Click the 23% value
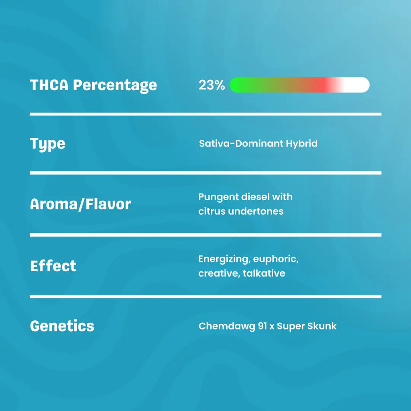point(212,85)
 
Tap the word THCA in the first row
point(49,85)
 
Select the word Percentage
point(115,86)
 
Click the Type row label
point(47,144)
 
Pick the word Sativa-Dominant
point(241,143)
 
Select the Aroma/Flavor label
point(80,204)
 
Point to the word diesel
point(255,197)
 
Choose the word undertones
point(256,211)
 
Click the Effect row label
point(53,266)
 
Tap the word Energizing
point(224,259)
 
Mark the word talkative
point(264,273)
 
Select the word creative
point(219,274)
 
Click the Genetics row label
point(62,326)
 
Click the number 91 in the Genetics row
point(262,326)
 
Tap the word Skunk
point(322,326)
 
